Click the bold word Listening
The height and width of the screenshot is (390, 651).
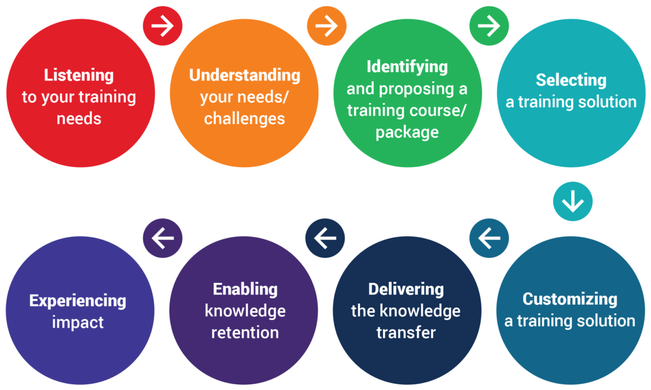pyautogui.click(x=79, y=75)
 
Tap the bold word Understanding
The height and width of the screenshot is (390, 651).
pyautogui.click(x=244, y=75)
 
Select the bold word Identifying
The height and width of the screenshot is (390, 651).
pyautogui.click(x=407, y=66)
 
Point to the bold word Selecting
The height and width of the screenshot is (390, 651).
pyautogui.click(x=571, y=80)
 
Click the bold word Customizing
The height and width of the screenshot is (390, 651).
pyautogui.click(x=570, y=299)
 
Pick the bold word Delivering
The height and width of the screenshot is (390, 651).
pyautogui.click(x=406, y=289)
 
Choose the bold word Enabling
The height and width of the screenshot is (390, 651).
pyautogui.click(x=245, y=289)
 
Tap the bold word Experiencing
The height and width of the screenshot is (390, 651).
pyautogui.click(x=78, y=300)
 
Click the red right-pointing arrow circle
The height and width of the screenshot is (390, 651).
pyautogui.click(x=163, y=26)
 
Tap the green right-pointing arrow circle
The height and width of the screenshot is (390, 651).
pyautogui.click(x=489, y=26)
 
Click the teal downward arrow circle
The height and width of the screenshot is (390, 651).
pyautogui.click(x=573, y=201)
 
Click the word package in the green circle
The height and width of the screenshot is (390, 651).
pyautogui.click(x=407, y=133)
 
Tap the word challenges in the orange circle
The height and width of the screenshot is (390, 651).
pyautogui.click(x=244, y=118)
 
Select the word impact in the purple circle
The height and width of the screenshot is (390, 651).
pyautogui.click(x=78, y=322)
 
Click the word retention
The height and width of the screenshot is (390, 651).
pyautogui.click(x=245, y=332)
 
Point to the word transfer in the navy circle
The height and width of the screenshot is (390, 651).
pyautogui.click(x=406, y=332)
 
